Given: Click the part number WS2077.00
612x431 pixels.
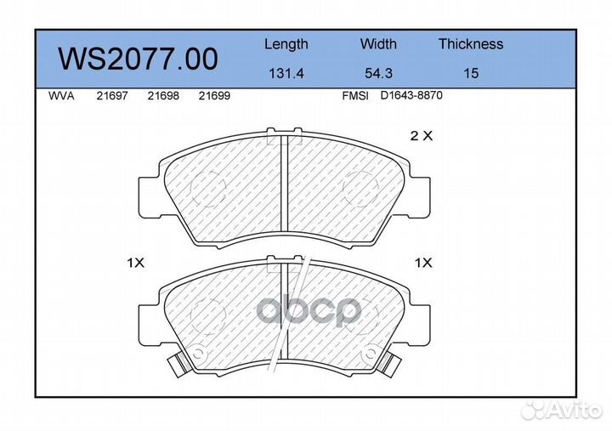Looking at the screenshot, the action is click(x=138, y=59).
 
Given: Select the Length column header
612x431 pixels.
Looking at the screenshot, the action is click(x=286, y=45).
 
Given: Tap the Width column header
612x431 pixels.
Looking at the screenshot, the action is click(x=378, y=43).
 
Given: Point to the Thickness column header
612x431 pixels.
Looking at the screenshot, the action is click(x=471, y=43).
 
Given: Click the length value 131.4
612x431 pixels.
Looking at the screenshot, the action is click(x=286, y=73).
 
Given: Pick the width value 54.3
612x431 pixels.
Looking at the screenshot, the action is click(x=378, y=73).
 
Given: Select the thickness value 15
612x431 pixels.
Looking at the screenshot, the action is click(x=471, y=73).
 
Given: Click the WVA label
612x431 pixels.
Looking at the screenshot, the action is click(x=61, y=96).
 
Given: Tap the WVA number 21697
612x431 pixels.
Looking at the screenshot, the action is click(x=112, y=96).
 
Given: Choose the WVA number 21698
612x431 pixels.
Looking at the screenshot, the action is click(x=163, y=96).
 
